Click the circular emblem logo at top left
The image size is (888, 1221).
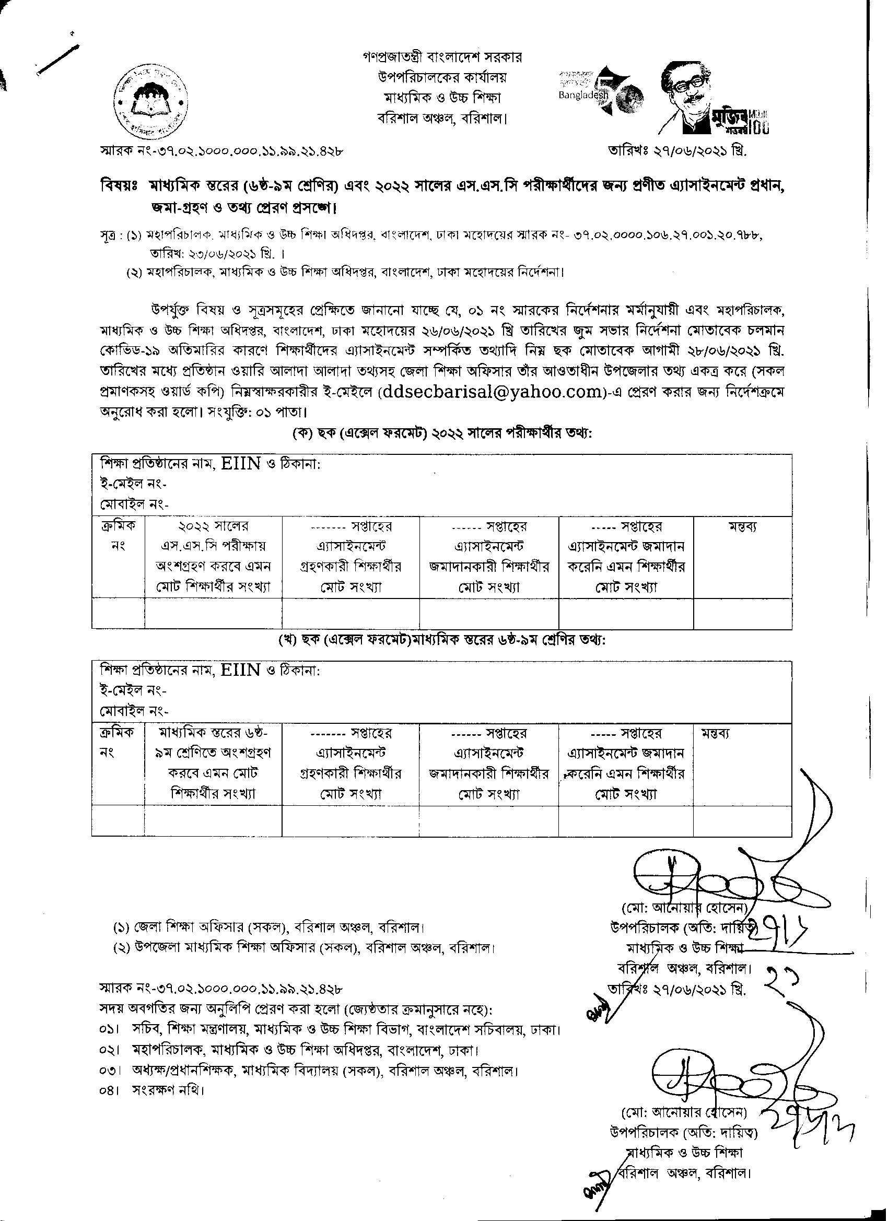click(152, 102)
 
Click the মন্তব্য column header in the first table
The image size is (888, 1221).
click(742, 526)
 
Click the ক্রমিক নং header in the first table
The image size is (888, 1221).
click(118, 536)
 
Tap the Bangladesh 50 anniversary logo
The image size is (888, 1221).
click(599, 93)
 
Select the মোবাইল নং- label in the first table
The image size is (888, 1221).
click(134, 504)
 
